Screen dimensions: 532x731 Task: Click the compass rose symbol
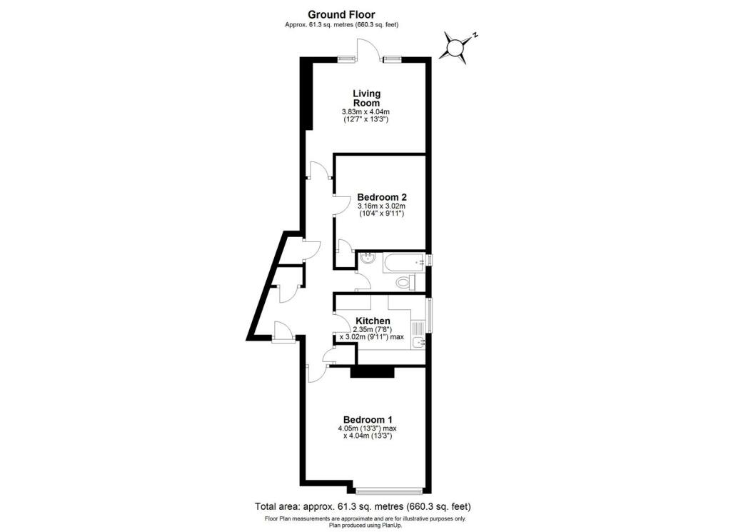455,47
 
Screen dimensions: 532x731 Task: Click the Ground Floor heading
341,14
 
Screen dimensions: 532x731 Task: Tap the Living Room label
366,98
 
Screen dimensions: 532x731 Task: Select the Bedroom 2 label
382,197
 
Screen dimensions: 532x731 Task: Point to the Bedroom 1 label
368,419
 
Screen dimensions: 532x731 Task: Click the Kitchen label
373,321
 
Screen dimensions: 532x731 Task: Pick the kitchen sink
418,343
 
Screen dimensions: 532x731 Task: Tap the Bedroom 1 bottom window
390,490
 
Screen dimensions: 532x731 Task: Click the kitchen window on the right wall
428,315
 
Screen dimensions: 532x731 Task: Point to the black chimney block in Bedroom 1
372,371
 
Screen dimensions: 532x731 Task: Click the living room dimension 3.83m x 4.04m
366,113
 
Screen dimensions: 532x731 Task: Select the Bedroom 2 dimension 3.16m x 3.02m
382,207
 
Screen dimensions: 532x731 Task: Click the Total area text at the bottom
363,506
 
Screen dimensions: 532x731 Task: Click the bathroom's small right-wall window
429,261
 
